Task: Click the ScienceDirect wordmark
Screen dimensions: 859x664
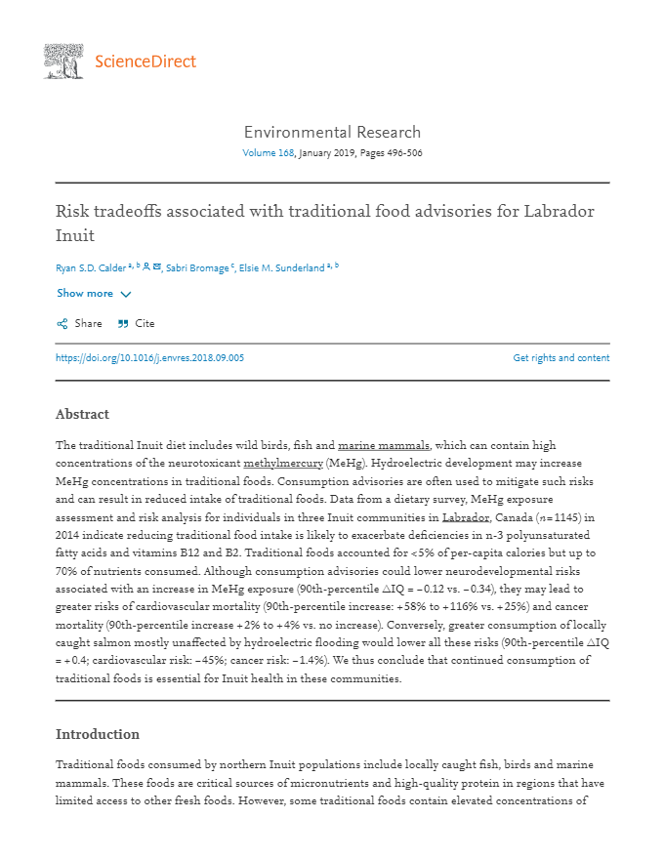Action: pos(145,62)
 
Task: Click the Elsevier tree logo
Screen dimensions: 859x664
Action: pos(63,61)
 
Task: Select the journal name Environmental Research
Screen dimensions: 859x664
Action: pos(332,133)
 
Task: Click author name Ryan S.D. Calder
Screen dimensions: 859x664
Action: pos(91,268)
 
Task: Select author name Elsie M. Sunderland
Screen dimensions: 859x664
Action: pos(282,268)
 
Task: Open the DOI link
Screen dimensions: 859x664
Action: pos(149,358)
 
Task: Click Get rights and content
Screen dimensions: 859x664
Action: pos(560,358)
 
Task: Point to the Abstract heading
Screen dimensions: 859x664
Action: pos(82,414)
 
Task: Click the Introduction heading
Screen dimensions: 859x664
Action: pos(97,734)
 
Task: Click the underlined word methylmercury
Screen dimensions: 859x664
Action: pos(282,461)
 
